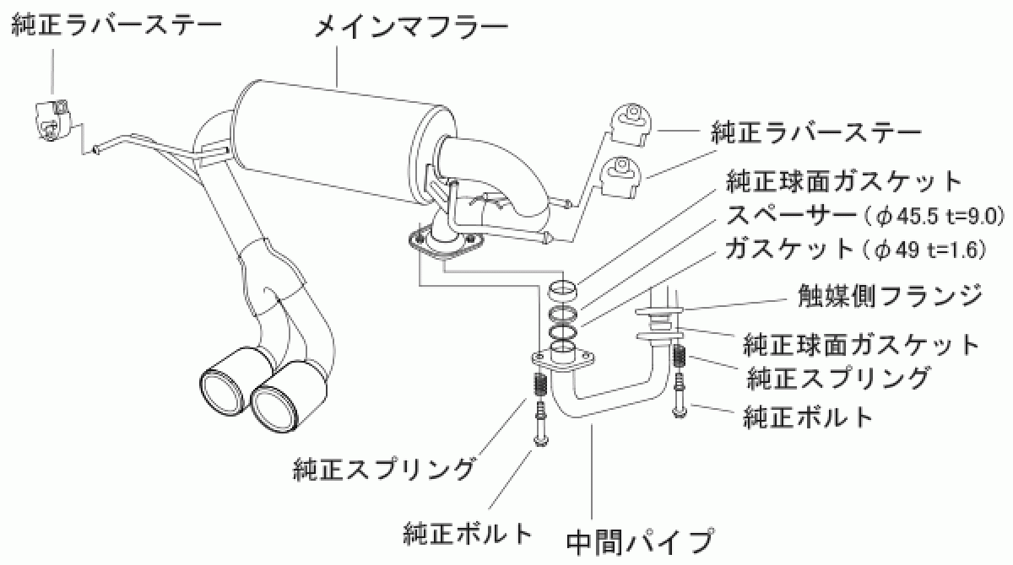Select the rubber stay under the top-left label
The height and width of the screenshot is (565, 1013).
pyautogui.click(x=52, y=119)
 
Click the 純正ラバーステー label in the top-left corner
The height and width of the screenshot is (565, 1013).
pyautogui.click(x=116, y=24)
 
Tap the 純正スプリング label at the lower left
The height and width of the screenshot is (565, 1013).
pyautogui.click(x=384, y=466)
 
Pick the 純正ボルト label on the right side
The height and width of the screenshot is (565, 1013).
pyautogui.click(x=808, y=416)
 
